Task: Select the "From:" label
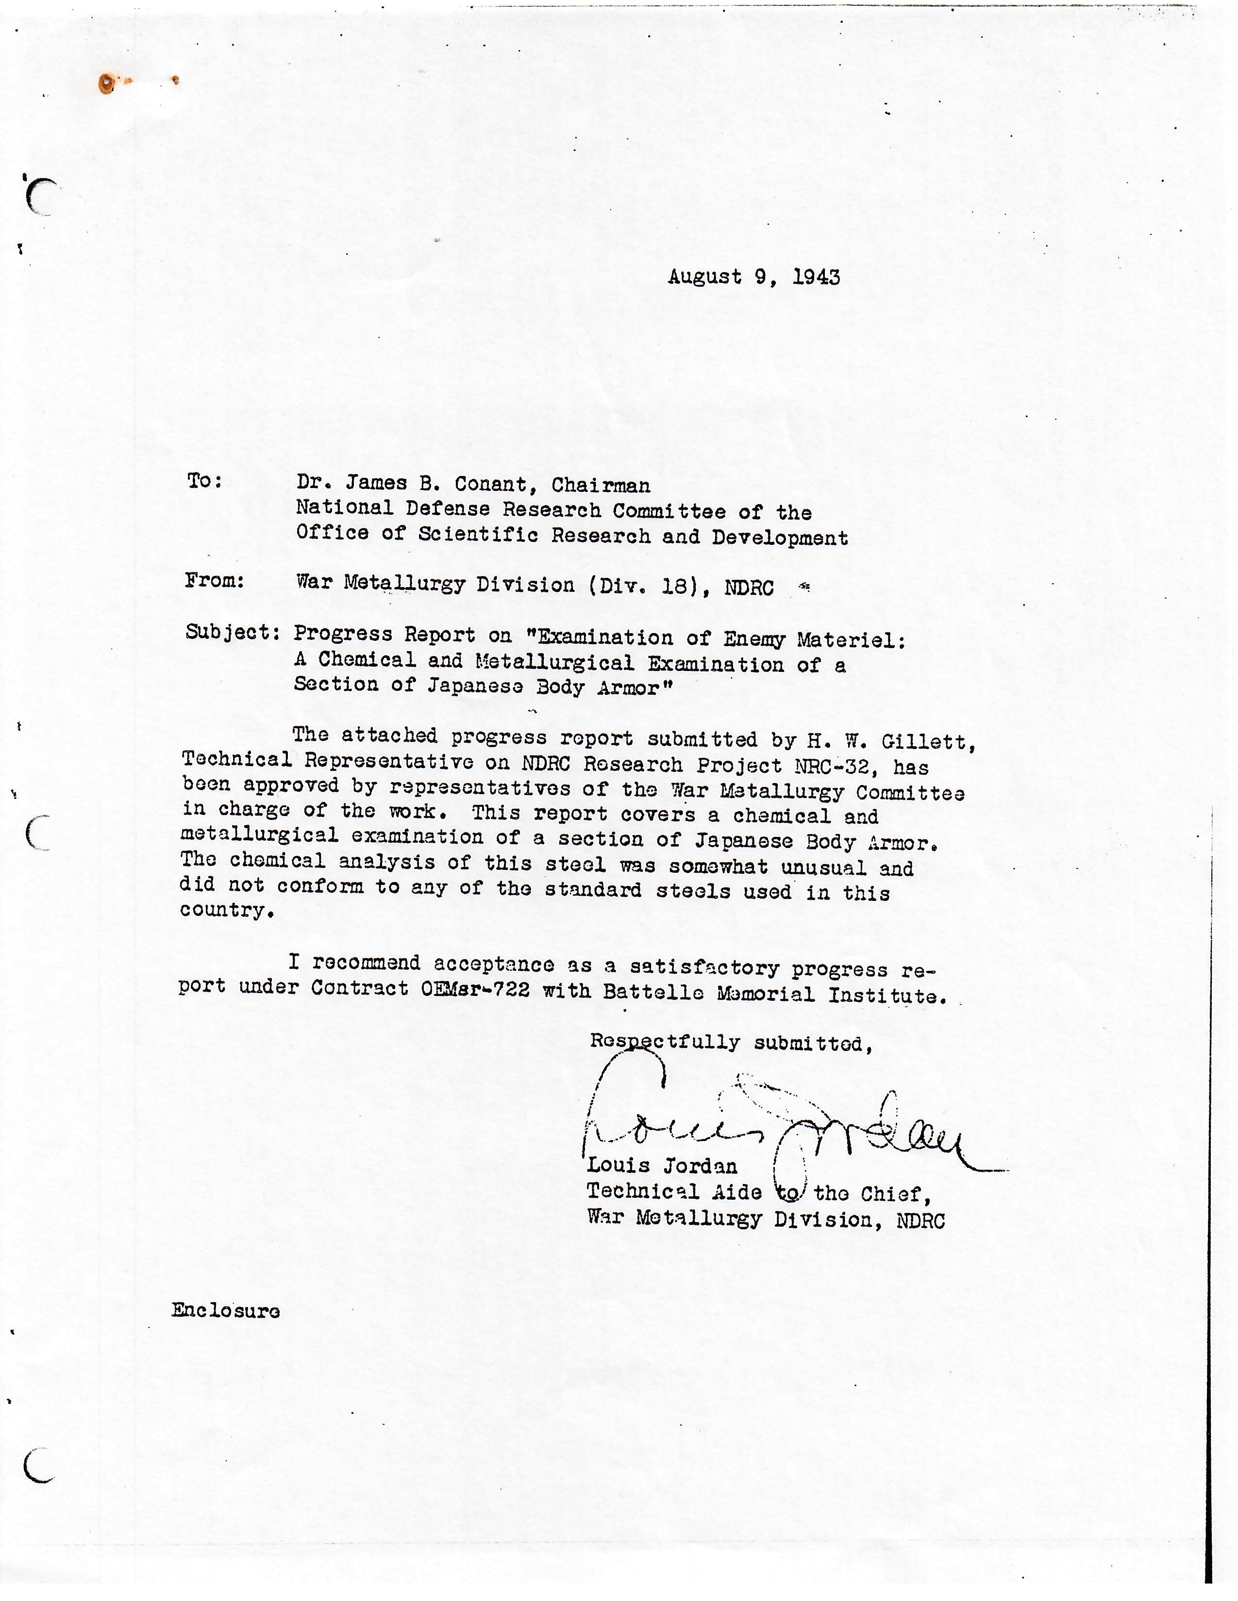pos(214,581)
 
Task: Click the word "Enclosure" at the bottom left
pos(225,1311)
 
